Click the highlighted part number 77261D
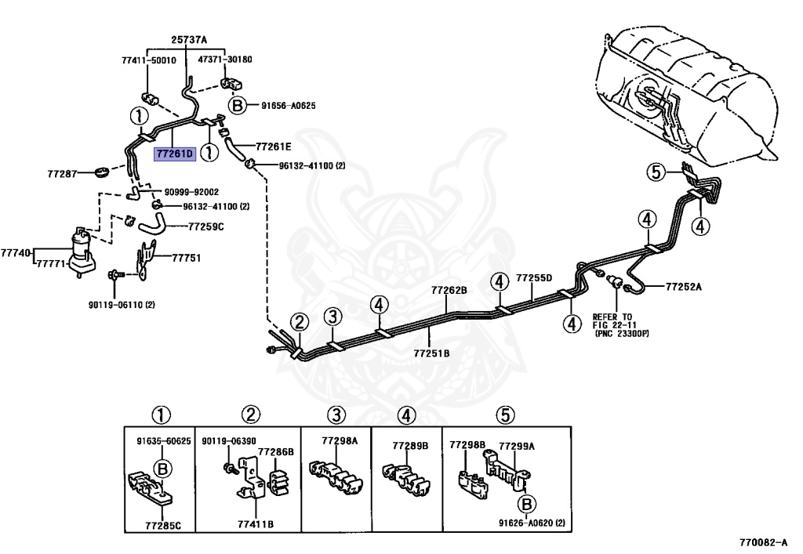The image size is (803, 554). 175,153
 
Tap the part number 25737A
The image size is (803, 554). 189,39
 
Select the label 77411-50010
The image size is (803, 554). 148,60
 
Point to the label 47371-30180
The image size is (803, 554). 225,60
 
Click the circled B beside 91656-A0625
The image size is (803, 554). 237,106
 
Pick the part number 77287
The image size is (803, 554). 62,173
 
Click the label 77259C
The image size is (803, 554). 206,226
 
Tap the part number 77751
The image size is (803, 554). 187,258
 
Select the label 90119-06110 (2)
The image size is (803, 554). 122,305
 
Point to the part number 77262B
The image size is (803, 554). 449,290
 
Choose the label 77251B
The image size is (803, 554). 431,353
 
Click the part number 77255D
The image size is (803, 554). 534,278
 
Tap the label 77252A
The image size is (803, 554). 684,287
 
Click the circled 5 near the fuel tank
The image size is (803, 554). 656,172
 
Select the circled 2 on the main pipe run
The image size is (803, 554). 300,323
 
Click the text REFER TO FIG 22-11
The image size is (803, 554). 613,320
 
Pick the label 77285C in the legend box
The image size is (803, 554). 163,525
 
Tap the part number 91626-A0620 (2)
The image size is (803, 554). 532,523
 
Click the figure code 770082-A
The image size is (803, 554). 764,542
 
